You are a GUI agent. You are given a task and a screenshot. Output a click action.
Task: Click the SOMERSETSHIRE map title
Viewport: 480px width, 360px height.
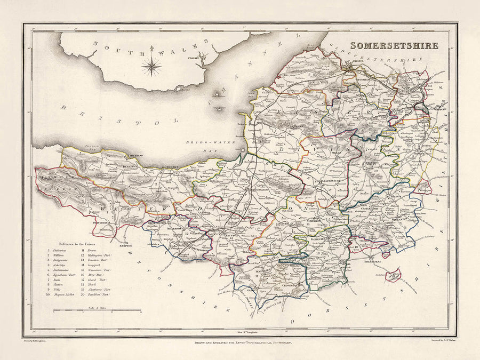394,45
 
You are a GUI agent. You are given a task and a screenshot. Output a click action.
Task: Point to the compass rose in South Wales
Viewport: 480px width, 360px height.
152,66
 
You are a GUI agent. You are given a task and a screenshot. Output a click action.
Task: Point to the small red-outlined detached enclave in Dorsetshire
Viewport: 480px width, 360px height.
394,275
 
